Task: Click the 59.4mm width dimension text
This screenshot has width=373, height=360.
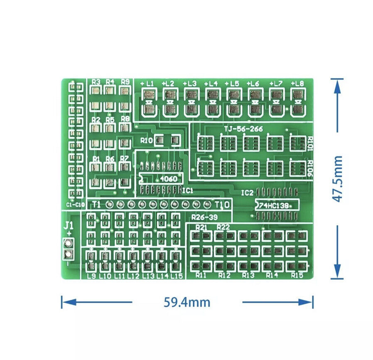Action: (x=187, y=302)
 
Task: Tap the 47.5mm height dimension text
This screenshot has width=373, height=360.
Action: (x=338, y=179)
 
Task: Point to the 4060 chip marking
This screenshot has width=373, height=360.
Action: (x=168, y=179)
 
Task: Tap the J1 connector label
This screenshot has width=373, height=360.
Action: (x=68, y=226)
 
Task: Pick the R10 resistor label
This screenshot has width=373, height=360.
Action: (x=146, y=141)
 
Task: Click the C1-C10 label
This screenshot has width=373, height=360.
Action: (x=75, y=205)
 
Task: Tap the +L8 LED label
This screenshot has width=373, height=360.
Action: (x=297, y=84)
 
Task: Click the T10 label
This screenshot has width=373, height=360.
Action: (x=222, y=205)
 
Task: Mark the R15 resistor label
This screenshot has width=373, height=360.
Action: (x=297, y=275)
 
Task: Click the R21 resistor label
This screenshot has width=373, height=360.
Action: (x=201, y=227)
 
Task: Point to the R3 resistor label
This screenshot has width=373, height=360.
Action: (x=96, y=82)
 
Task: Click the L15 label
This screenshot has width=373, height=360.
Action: (x=177, y=276)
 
